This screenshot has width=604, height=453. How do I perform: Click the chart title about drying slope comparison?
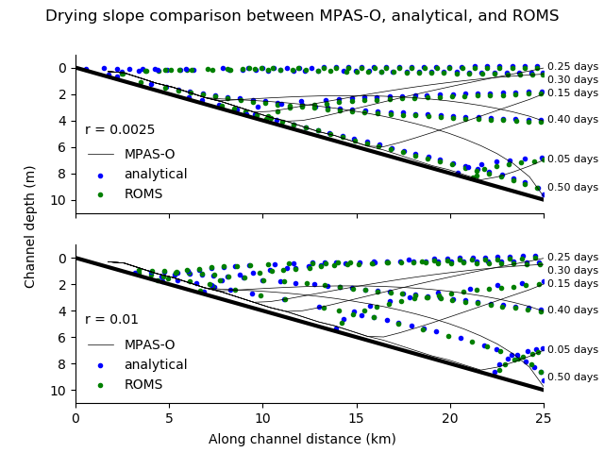coord(302,16)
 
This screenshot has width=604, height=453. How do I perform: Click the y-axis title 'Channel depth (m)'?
coord(30,226)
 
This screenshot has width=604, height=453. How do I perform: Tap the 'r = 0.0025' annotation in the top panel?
coord(120,130)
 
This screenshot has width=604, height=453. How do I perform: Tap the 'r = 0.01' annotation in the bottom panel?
coord(111,320)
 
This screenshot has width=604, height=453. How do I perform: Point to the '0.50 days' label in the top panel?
coord(573,187)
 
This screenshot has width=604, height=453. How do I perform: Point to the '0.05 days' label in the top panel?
coord(573,159)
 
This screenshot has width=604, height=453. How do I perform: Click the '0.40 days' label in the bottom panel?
coord(573,310)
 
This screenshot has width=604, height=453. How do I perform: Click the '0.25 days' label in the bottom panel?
coord(573,258)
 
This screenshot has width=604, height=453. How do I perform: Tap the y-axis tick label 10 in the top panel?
coord(59,200)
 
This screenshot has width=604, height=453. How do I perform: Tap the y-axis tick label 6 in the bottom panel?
coord(62,338)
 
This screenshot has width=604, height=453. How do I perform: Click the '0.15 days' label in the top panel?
coord(573,93)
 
